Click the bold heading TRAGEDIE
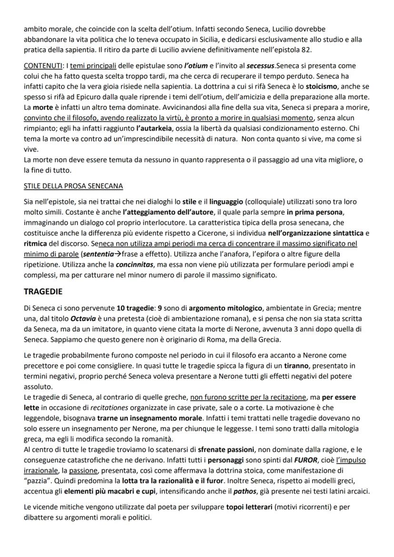point(43,291)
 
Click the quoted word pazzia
point(38,481)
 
